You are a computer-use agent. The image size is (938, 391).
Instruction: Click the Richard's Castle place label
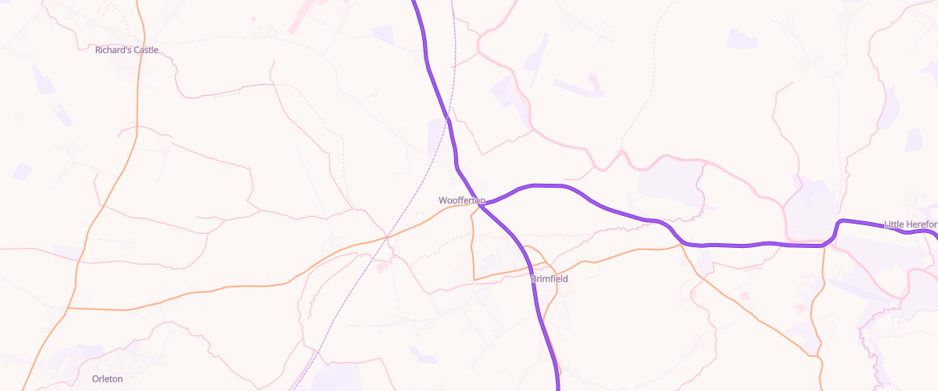(x=127, y=50)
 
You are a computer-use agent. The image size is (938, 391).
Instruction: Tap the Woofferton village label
(x=461, y=201)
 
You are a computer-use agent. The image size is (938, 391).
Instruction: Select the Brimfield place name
(x=550, y=278)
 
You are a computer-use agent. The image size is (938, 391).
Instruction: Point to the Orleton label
(x=107, y=378)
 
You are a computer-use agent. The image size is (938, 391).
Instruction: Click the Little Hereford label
(x=911, y=224)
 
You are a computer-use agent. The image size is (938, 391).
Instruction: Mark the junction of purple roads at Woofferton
(x=483, y=206)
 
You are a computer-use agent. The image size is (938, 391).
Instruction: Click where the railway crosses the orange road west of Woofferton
(x=388, y=235)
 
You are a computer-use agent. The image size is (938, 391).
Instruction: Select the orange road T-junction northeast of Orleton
(x=68, y=308)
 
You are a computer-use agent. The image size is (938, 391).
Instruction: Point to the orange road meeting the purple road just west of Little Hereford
(x=824, y=246)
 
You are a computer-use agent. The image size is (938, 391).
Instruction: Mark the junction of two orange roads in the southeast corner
(x=818, y=357)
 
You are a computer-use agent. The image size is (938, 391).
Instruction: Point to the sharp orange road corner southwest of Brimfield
(x=474, y=278)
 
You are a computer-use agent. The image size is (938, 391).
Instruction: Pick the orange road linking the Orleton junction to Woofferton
(x=234, y=286)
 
